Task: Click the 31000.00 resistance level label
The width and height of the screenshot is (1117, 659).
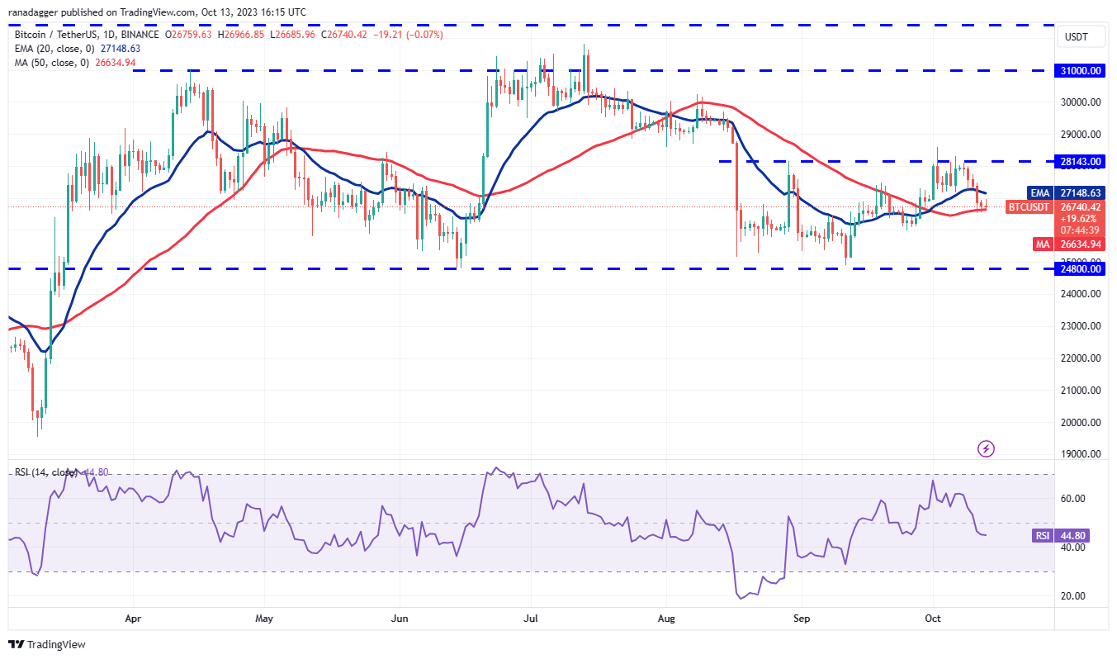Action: coord(1080,71)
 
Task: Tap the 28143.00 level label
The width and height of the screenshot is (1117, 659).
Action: coord(1080,162)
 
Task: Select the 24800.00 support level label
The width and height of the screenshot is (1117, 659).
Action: coord(1080,268)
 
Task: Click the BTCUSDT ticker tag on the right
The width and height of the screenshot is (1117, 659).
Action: coord(1029,206)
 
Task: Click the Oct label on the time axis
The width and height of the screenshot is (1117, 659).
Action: coord(933,618)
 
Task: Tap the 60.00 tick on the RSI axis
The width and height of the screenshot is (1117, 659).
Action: coord(1072,499)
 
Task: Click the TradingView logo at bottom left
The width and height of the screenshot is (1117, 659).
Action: coord(47,644)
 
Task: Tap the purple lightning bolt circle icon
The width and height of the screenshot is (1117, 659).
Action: coord(986,449)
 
